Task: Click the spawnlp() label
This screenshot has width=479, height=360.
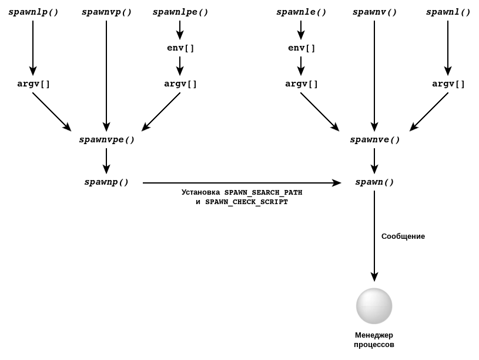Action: click(x=34, y=12)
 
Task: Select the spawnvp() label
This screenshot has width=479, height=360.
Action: click(x=106, y=12)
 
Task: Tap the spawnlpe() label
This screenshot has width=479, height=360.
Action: click(x=180, y=12)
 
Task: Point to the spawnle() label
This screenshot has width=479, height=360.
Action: click(x=301, y=12)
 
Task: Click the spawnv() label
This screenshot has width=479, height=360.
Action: click(x=374, y=12)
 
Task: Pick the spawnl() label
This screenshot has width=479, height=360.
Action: click(x=448, y=12)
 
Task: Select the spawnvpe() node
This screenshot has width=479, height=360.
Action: click(x=107, y=140)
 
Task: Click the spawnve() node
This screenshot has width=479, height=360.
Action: click(x=374, y=140)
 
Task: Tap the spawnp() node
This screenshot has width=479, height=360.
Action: click(x=106, y=182)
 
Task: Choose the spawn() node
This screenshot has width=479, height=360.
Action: click(x=374, y=182)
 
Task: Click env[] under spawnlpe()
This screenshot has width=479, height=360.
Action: click(x=180, y=48)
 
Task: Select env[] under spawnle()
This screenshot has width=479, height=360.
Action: click(x=302, y=48)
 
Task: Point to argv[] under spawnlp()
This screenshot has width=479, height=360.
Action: click(x=34, y=84)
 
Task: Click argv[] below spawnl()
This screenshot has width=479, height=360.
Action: click(x=448, y=84)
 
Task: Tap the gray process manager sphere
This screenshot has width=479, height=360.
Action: click(x=374, y=306)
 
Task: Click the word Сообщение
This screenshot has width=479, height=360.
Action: click(x=403, y=236)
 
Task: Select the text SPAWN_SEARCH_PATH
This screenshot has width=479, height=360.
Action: click(x=263, y=192)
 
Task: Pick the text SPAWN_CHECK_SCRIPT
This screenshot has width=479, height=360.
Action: click(x=246, y=202)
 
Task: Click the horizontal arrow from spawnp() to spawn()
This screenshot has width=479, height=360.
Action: click(x=241, y=183)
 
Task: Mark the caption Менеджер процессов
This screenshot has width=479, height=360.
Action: click(x=374, y=340)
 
